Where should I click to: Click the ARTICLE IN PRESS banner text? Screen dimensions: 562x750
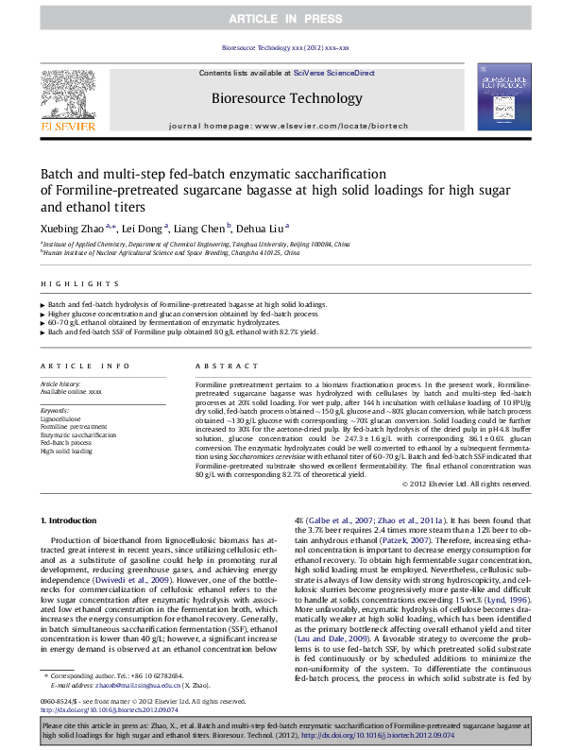(281, 18)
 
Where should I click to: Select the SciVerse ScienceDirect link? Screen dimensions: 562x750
(333, 73)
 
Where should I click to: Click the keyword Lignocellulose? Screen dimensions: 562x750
(60, 418)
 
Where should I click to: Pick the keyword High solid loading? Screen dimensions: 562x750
(66, 452)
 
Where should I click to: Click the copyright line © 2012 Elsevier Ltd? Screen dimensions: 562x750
(467, 485)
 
